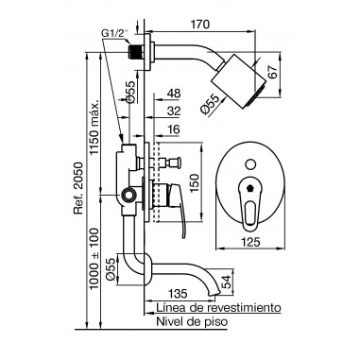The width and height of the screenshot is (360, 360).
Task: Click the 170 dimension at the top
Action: click(200, 25)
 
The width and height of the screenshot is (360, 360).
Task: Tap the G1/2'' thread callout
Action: click(115, 32)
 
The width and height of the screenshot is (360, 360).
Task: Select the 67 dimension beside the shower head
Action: click(274, 71)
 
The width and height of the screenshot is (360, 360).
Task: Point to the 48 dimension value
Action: click(174, 94)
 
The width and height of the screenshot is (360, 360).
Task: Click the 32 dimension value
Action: click(174, 111)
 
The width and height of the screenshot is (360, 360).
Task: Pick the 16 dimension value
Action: click(174, 129)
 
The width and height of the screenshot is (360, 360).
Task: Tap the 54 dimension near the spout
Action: click(226, 282)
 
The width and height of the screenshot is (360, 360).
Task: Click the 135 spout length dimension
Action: click(178, 293)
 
